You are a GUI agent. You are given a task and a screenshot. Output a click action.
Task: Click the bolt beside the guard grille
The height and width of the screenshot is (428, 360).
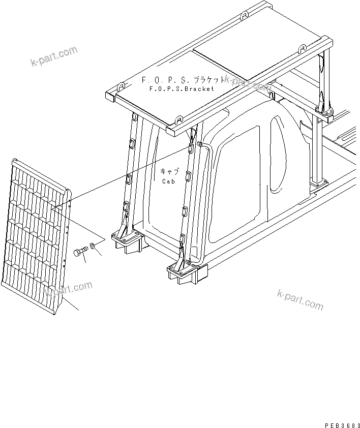pos(80,252)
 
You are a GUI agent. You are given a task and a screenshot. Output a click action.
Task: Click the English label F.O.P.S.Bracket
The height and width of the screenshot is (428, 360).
pos(182,88)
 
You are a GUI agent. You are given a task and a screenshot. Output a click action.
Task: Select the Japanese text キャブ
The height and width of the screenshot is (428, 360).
pos(169,172)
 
